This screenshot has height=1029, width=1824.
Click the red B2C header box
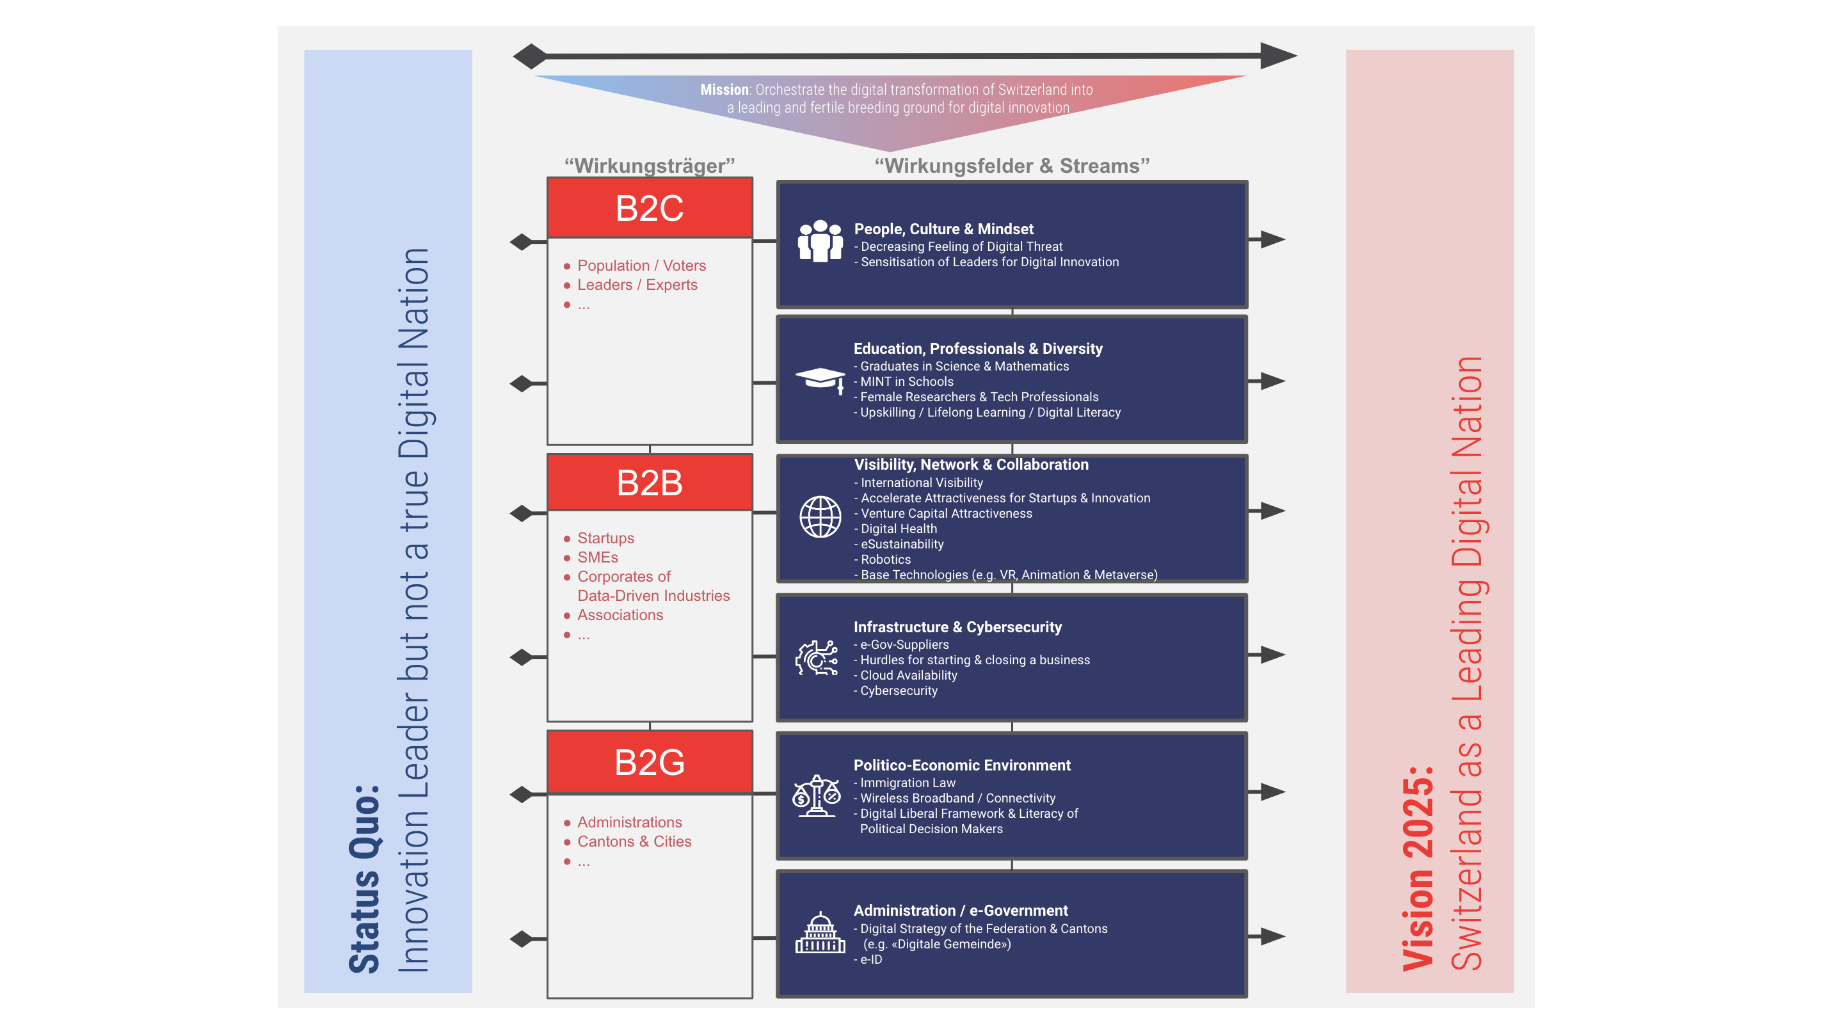click(x=650, y=207)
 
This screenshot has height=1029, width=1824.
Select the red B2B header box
click(x=650, y=483)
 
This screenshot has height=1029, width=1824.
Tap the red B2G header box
click(x=650, y=762)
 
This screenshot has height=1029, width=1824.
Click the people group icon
click(x=820, y=241)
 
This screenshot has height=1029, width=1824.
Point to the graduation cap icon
click(x=820, y=380)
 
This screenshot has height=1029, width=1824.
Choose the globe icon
click(x=820, y=516)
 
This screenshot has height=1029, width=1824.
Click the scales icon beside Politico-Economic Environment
click(x=817, y=796)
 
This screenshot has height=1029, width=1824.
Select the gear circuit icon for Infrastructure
click(x=817, y=658)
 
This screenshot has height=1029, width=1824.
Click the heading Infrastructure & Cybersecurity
click(x=957, y=626)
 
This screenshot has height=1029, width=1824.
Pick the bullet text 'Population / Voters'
click(x=641, y=266)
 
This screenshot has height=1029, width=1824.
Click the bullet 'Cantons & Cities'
click(x=634, y=842)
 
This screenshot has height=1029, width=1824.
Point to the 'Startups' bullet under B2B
click(x=605, y=538)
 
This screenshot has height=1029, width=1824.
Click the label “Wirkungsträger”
click(x=650, y=166)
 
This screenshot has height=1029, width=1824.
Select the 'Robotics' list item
click(x=885, y=559)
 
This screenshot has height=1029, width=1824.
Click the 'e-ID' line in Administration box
click(x=871, y=960)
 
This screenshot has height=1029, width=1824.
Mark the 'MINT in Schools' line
click(x=906, y=381)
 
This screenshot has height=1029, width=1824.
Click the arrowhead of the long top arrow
click(x=1277, y=55)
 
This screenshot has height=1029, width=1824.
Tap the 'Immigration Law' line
click(x=908, y=783)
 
